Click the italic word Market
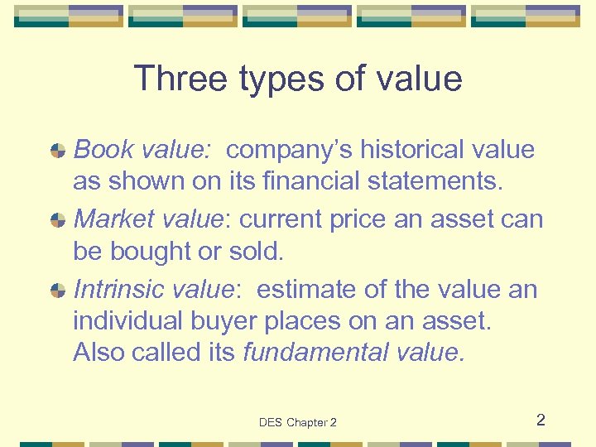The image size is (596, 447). click(x=112, y=219)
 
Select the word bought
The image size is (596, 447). click(x=155, y=251)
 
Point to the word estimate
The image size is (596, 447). click(x=306, y=290)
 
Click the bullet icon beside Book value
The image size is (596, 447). click(x=58, y=151)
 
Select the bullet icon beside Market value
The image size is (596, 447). click(x=58, y=220)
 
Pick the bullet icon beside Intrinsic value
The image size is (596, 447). click(x=58, y=291)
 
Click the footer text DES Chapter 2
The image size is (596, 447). click(x=298, y=422)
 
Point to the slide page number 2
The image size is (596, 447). click(x=541, y=420)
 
